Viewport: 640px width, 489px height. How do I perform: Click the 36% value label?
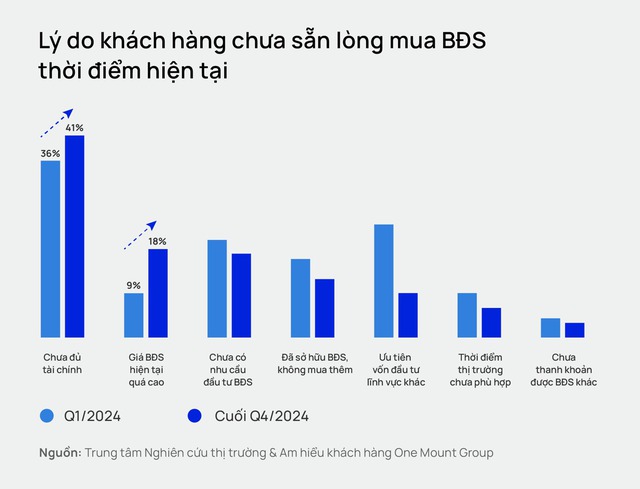[x=50, y=153]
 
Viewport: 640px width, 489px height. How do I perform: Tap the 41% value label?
[x=75, y=128]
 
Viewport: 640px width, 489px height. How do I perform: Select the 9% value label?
[x=133, y=285]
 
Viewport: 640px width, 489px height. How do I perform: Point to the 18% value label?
[x=158, y=241]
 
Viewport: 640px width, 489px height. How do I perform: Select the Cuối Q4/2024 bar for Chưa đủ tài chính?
[x=75, y=236]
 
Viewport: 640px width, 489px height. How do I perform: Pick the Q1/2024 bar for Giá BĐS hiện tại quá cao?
[x=133, y=314]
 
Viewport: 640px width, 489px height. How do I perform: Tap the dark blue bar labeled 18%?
[x=158, y=292]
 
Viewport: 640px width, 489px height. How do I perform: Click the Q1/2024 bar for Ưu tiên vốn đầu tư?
[x=383, y=280]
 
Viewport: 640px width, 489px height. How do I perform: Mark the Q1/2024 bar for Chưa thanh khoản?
[x=550, y=327]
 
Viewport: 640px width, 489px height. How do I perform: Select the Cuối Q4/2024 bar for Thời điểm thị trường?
[x=491, y=322]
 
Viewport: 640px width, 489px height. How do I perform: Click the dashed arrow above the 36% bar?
[x=57, y=122]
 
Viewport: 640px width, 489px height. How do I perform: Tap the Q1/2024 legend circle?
[x=47, y=415]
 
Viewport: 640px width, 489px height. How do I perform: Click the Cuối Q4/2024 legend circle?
[x=194, y=415]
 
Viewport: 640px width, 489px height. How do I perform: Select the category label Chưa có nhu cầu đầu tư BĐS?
[x=230, y=369]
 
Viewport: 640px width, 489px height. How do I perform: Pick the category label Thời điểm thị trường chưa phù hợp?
[x=480, y=369]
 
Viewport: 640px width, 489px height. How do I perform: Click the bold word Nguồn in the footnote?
[x=60, y=453]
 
